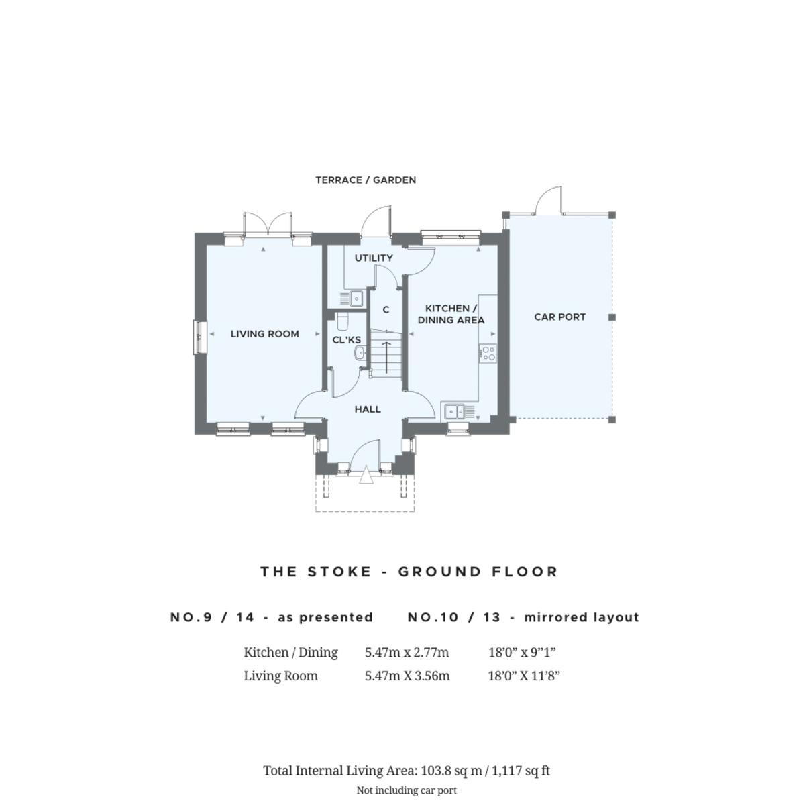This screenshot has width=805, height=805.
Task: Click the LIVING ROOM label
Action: (x=264, y=334)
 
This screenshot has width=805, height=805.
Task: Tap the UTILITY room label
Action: (x=374, y=258)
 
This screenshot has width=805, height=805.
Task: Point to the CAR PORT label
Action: (x=559, y=317)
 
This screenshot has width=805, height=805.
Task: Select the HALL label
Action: (x=368, y=409)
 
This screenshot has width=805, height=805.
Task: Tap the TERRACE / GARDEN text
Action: (x=366, y=180)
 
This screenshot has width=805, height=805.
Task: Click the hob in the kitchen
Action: (x=488, y=353)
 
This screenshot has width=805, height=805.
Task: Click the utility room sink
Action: (x=355, y=297)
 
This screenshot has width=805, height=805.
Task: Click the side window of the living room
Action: (x=199, y=336)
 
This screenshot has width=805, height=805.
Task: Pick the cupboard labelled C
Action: (x=386, y=310)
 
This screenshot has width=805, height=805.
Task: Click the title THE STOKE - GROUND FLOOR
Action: (x=409, y=572)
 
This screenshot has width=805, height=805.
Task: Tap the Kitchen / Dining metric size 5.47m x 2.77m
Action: (x=407, y=652)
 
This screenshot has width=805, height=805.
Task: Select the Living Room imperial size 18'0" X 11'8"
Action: (x=523, y=676)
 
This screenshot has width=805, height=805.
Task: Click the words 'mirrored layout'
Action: (x=581, y=617)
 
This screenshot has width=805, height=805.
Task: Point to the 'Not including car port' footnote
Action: (x=407, y=790)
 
